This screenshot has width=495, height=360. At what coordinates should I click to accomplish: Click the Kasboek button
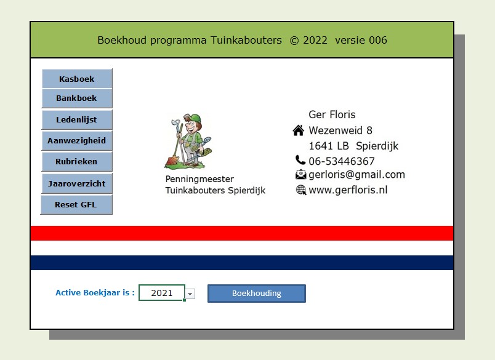77,79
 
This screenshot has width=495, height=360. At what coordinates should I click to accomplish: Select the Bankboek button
77,98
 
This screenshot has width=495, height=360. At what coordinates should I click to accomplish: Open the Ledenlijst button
77,119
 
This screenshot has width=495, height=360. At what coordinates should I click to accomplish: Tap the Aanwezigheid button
77,140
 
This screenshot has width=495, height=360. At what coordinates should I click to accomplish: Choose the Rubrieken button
77,162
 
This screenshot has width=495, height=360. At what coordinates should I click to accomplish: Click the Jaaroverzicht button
77,183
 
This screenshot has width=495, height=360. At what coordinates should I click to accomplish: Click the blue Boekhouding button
257,294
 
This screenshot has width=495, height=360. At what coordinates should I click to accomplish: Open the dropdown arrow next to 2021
190,294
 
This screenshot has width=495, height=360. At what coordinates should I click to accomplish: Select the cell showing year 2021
162,293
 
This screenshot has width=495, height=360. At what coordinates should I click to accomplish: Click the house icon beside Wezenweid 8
299,130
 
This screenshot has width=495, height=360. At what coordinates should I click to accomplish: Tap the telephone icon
300,160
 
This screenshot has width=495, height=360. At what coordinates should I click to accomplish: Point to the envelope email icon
301,175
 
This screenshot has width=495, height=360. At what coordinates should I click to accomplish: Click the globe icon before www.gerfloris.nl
301,190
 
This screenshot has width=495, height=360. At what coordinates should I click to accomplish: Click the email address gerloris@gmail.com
356,175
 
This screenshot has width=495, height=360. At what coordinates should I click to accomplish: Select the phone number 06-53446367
342,161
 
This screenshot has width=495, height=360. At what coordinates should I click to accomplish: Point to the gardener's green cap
193,118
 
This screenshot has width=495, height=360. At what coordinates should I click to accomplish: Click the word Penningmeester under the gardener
199,179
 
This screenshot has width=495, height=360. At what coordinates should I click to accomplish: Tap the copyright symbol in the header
294,41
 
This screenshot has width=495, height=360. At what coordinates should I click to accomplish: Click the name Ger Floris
332,114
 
